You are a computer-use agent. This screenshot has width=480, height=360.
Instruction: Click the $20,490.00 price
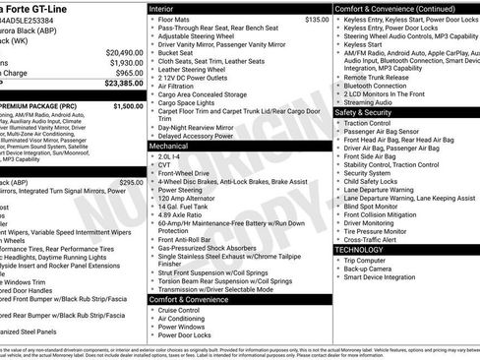(118, 53)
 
